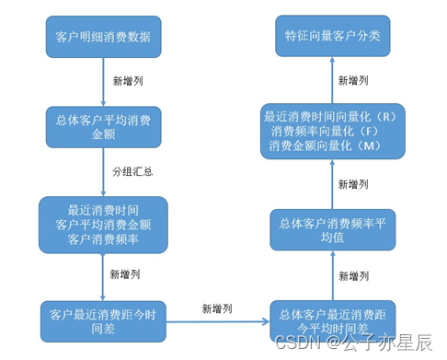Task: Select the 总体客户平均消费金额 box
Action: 104,127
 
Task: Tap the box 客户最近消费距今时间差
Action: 104,321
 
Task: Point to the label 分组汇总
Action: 132,171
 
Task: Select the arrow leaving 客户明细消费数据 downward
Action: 104,81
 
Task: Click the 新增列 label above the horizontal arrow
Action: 217,307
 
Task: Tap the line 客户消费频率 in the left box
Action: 103,238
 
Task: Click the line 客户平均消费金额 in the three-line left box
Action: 103,224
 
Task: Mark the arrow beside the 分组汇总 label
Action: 104,173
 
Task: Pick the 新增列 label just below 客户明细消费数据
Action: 126,81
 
